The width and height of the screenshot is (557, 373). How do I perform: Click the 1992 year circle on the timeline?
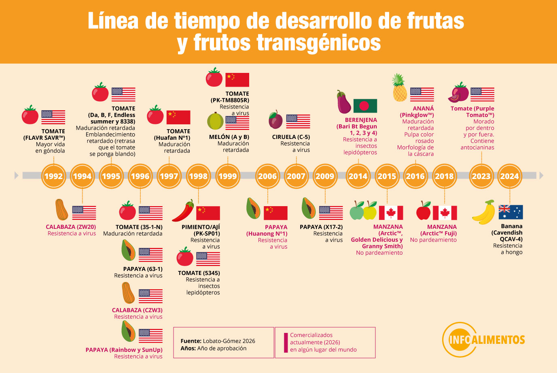(53, 176)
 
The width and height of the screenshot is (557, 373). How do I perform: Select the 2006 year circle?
(267, 176)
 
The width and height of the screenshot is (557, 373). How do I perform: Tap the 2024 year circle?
(509, 176)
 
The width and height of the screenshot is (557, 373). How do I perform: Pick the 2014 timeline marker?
(358, 176)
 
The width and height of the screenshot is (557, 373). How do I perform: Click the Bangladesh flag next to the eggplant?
(365, 106)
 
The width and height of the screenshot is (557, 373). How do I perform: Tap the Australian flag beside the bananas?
(510, 212)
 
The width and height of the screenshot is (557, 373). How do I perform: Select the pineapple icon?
(400, 88)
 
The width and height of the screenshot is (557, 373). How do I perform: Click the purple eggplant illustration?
(344, 102)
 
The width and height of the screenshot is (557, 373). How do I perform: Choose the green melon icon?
(215, 121)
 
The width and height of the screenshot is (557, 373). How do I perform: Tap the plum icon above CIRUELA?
(275, 119)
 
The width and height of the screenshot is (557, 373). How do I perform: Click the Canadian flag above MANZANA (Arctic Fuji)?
(445, 213)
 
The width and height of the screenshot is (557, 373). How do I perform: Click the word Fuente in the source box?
(191, 341)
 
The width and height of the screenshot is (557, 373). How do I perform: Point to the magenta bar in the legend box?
(286, 342)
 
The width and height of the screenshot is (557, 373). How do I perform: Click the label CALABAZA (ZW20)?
(71, 227)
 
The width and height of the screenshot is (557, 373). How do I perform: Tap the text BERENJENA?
(361, 120)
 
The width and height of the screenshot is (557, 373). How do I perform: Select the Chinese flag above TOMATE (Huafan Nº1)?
(178, 117)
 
